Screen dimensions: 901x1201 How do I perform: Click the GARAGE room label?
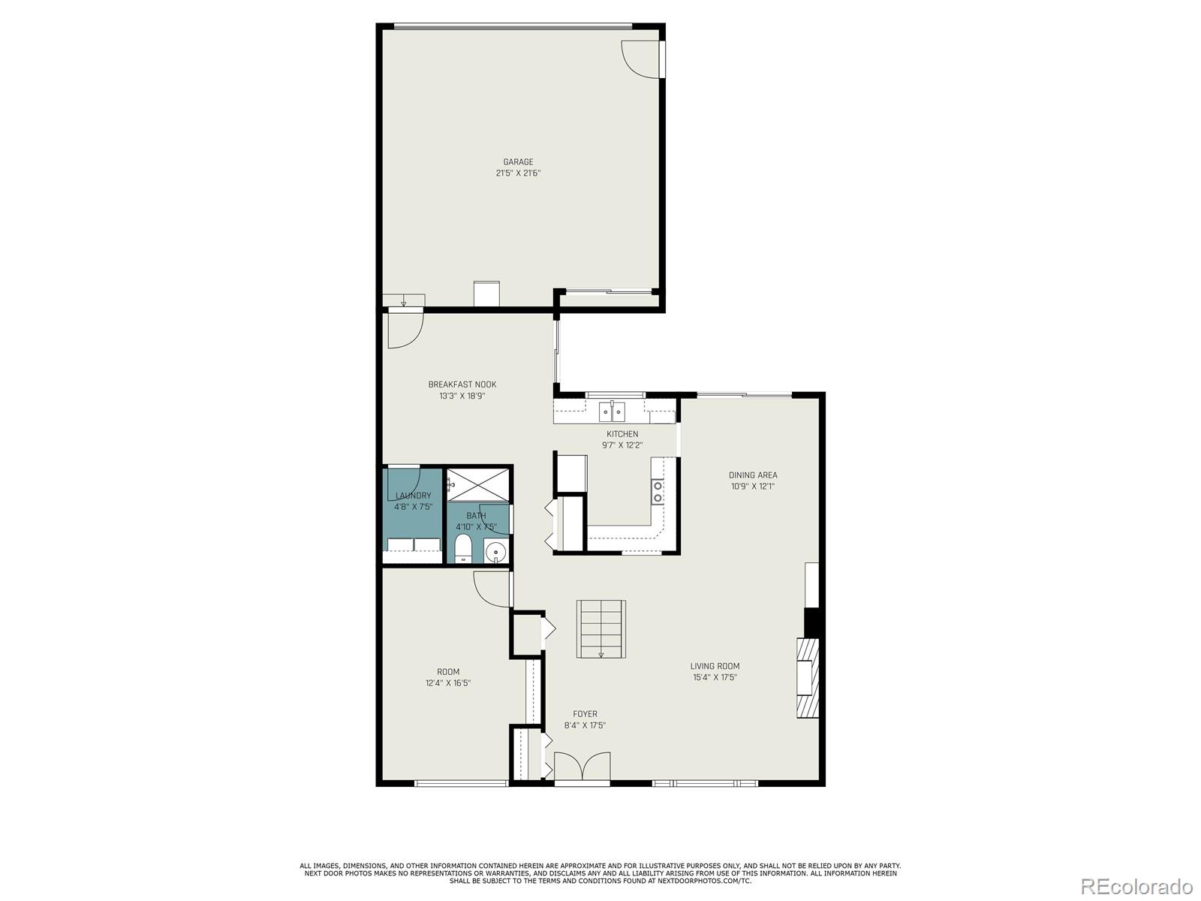(x=518, y=161)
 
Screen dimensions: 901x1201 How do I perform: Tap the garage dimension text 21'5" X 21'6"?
(x=518, y=173)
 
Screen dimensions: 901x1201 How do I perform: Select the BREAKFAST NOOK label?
(x=462, y=384)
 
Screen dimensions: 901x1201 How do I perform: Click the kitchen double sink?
(x=612, y=412)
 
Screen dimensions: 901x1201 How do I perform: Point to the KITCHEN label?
(x=622, y=434)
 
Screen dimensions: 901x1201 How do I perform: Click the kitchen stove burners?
(x=658, y=492)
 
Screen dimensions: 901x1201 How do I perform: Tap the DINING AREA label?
(x=753, y=475)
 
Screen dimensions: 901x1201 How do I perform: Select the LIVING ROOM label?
(x=715, y=666)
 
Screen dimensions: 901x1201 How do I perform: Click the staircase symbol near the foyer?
(x=601, y=629)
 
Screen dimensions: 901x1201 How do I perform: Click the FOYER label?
(x=585, y=714)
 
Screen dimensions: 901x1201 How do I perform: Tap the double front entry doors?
(x=582, y=767)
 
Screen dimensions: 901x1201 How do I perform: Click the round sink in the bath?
(x=495, y=553)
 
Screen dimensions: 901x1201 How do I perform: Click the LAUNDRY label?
(x=413, y=496)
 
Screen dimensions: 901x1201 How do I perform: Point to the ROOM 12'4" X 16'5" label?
(x=448, y=677)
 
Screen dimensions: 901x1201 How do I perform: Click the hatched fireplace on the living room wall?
(x=808, y=678)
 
